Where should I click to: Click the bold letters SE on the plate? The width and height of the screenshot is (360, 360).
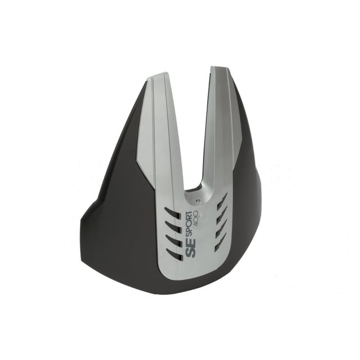click(190, 247)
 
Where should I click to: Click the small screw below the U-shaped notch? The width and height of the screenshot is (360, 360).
click(199, 202)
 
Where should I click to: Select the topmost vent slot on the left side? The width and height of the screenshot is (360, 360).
click(172, 213)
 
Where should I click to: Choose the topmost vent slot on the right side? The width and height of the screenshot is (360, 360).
click(222, 200)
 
